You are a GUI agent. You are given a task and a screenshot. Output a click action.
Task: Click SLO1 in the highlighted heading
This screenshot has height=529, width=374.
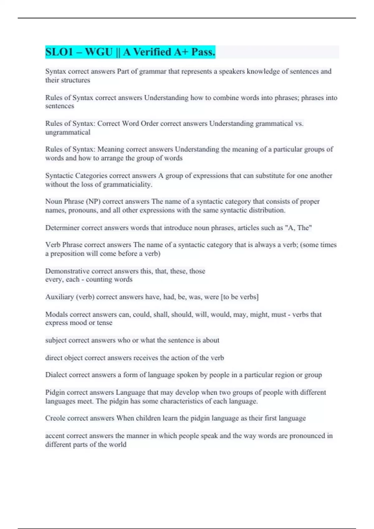pos(59,52)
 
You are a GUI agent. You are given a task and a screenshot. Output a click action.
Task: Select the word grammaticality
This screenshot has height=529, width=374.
pos(127,185)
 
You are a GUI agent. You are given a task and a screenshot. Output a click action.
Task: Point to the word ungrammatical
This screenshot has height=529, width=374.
pos(68,132)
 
